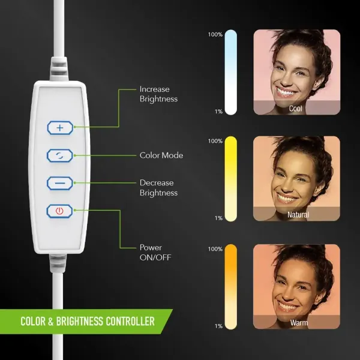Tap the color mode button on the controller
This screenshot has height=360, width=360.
coord(60,155)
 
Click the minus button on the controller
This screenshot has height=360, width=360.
coord(60,183)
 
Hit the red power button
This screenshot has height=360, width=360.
coord(59,211)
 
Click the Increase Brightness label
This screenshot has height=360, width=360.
coord(158,94)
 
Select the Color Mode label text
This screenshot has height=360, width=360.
coord(161,155)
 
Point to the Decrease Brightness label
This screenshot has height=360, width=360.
coord(158,188)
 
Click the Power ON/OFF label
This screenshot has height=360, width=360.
coord(155,253)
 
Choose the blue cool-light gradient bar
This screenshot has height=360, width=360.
coord(231,73)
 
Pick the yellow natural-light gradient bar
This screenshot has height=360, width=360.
coord(231,179)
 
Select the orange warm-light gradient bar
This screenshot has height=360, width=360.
coord(231,287)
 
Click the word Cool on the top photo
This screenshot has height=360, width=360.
coord(295,109)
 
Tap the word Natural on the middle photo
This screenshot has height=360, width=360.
coord(298,215)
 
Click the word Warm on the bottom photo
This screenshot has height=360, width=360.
coord(299,323)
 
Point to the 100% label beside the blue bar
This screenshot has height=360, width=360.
coord(215,35)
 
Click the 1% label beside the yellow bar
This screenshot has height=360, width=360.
coord(219,218)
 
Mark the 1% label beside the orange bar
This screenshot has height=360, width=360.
coord(219,326)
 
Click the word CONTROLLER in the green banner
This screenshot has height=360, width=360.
coord(130,321)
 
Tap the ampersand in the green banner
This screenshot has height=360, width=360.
coord(51,321)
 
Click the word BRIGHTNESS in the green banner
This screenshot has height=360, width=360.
coord(80,321)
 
